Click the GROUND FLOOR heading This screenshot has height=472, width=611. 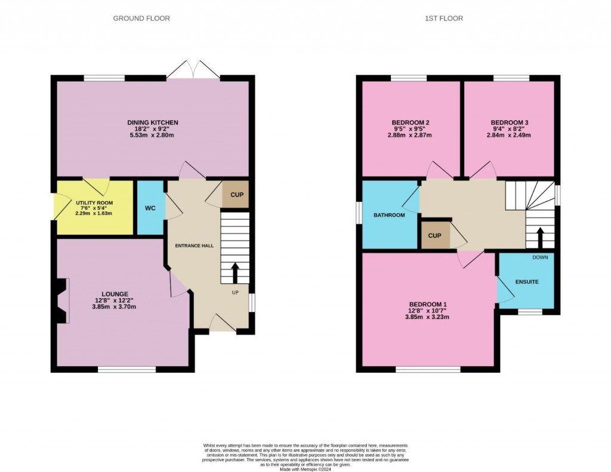click(141, 19)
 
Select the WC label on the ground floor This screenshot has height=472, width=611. click(150, 208)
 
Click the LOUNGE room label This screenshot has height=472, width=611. click(115, 294)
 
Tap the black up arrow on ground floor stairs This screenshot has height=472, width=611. click(235, 273)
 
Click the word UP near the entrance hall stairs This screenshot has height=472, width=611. click(235, 293)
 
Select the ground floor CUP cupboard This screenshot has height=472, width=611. click(236, 195)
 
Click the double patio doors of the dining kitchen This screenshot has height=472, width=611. click(193, 69)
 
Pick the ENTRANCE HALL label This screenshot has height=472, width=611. click(194, 246)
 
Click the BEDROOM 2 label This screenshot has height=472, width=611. click(411, 122)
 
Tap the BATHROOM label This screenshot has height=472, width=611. click(388, 214)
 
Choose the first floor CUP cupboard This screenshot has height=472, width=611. click(434, 235)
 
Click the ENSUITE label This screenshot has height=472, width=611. click(527, 281)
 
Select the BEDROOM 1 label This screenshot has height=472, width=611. click(428, 304)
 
